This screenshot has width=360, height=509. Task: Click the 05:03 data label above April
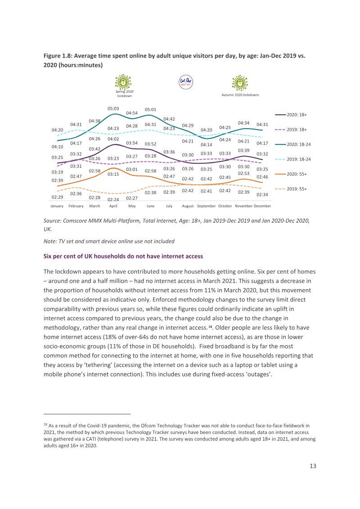tap(113, 108)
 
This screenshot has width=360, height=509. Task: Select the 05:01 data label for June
tap(150, 109)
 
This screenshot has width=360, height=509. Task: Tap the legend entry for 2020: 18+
tap(291, 115)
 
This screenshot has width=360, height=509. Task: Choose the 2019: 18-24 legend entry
tap(293, 159)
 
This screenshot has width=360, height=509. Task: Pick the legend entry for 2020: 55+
tap(291, 174)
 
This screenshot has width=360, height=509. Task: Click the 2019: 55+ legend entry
tap(291, 189)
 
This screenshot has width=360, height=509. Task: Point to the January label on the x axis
tap(57, 206)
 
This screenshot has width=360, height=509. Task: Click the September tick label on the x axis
tap(206, 206)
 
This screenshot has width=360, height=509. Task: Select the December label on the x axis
tap(262, 206)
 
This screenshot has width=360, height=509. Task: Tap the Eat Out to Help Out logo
tap(186, 82)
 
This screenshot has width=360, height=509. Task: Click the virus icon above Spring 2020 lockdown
tap(123, 82)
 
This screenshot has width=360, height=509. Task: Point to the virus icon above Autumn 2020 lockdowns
tap(240, 83)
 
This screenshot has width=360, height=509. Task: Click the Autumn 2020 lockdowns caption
tap(240, 95)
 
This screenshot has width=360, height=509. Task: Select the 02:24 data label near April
tap(113, 199)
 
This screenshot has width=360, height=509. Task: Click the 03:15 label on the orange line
tap(113, 174)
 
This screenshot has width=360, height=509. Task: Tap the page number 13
tap(313, 466)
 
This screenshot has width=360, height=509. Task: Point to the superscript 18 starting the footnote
tap(45, 424)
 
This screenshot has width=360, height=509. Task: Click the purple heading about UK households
tap(123, 256)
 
